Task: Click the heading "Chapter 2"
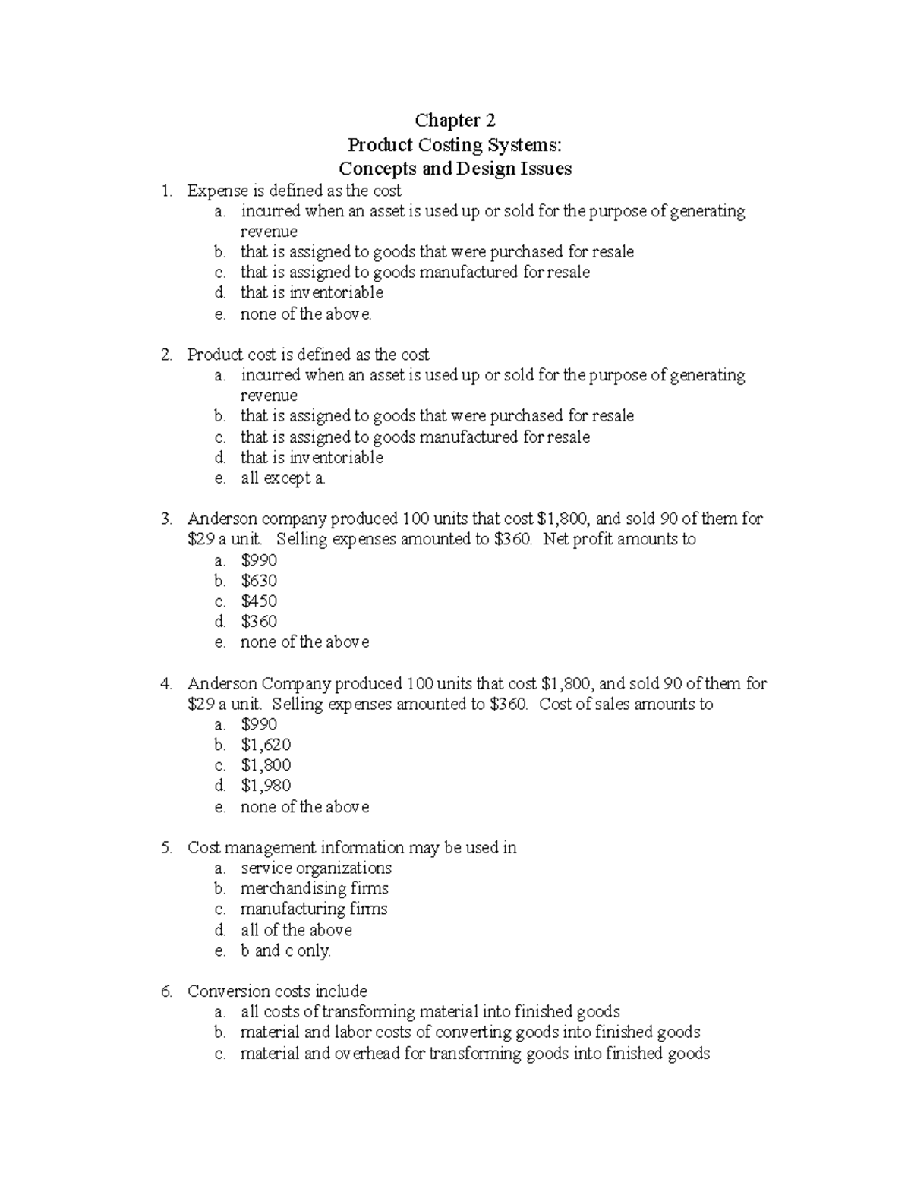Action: tap(455, 121)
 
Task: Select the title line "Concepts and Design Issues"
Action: tap(455, 169)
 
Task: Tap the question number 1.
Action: tap(166, 191)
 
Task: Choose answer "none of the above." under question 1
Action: tap(306, 314)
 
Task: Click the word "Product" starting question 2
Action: tap(216, 355)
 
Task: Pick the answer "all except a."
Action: tap(282, 478)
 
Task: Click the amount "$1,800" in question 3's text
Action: tap(563, 519)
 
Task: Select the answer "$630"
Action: tap(259, 581)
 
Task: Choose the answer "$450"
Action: tap(259, 601)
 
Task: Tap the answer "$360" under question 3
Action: tap(259, 622)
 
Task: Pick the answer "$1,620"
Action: tap(266, 745)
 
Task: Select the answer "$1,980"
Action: tap(266, 786)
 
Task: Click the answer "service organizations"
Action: tap(316, 868)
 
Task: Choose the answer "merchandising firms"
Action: tap(314, 888)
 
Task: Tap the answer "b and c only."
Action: tap(285, 950)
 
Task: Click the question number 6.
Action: tap(166, 991)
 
